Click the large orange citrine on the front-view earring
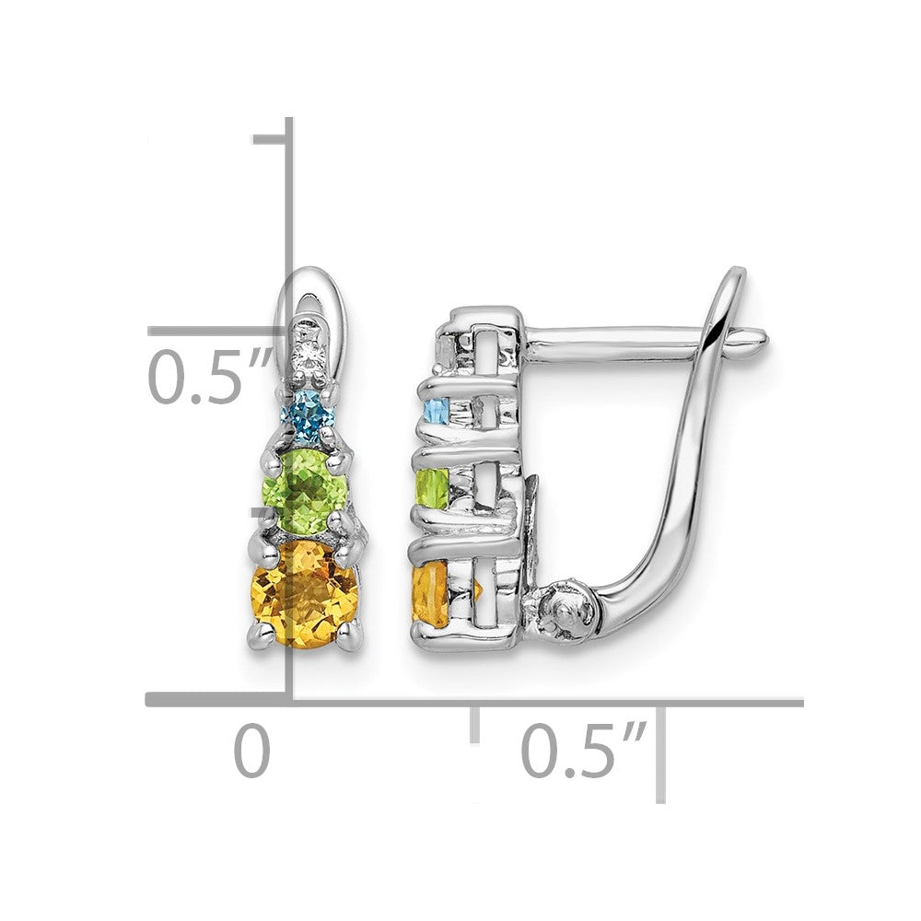(304, 594)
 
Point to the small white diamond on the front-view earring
(306, 355)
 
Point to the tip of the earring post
(765, 338)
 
